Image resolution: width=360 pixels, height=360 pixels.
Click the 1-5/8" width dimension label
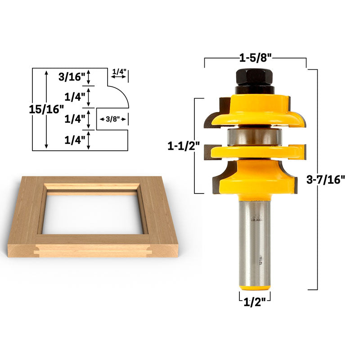coord(255,58)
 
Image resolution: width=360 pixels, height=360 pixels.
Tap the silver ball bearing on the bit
coord(255,136)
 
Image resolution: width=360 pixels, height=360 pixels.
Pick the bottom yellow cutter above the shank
coord(255,175)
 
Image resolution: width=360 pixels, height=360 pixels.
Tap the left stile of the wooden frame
coord(27,211)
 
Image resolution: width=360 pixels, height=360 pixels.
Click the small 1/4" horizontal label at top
coord(119,72)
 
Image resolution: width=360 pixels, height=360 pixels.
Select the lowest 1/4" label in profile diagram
coord(74,140)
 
